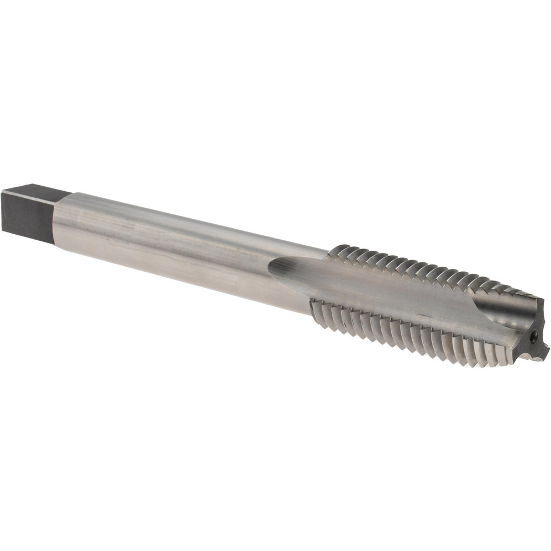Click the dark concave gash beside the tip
point(512,314)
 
